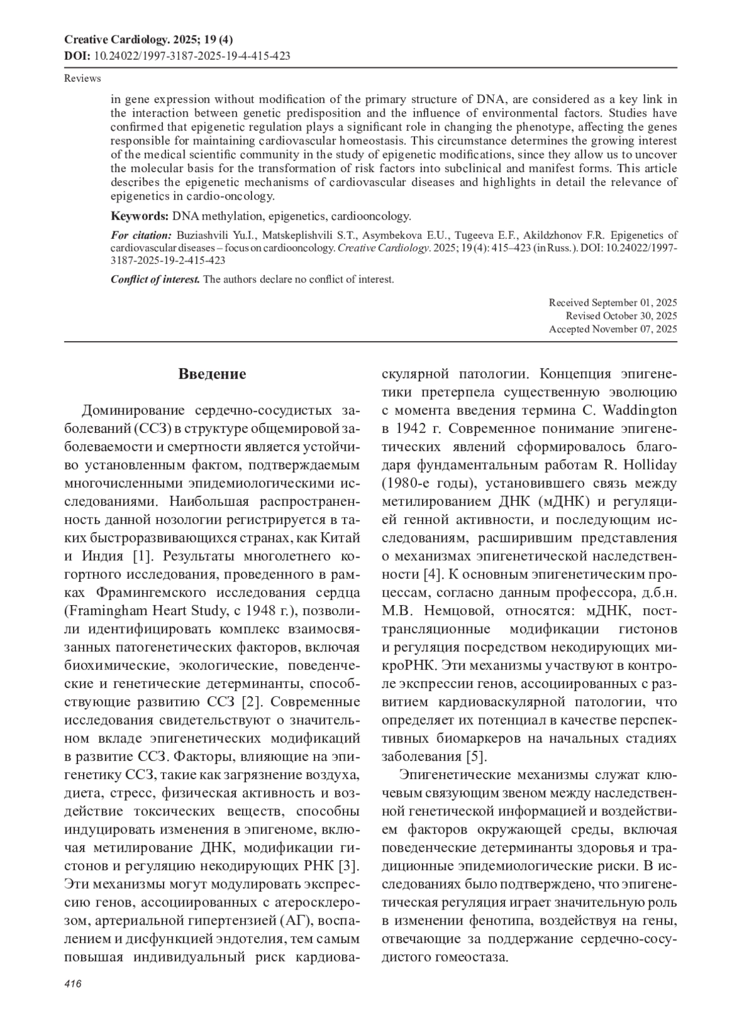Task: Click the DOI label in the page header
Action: click(x=77, y=56)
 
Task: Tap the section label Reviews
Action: click(x=82, y=79)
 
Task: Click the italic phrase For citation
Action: click(x=141, y=235)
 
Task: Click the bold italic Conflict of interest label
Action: click(x=155, y=279)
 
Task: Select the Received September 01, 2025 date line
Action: click(x=613, y=303)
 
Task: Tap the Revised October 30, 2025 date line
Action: click(x=621, y=316)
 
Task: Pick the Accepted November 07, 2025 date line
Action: click(x=613, y=329)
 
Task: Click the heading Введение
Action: click(x=212, y=374)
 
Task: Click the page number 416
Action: click(x=74, y=984)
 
